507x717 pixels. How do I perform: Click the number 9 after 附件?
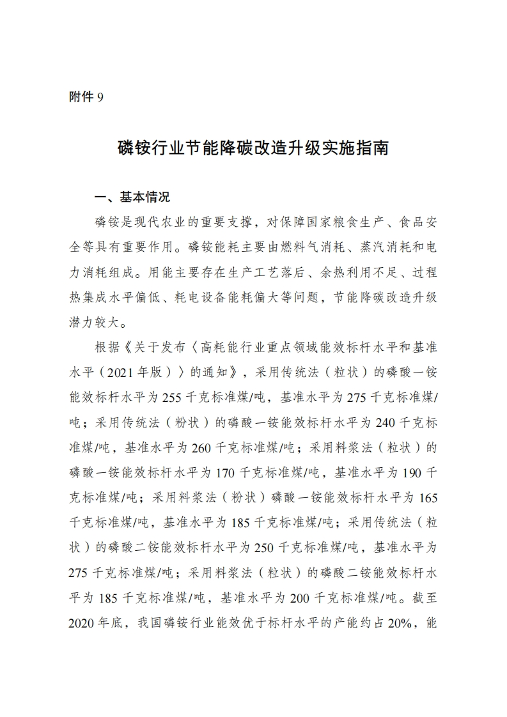(100, 97)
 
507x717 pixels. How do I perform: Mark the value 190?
(410, 473)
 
